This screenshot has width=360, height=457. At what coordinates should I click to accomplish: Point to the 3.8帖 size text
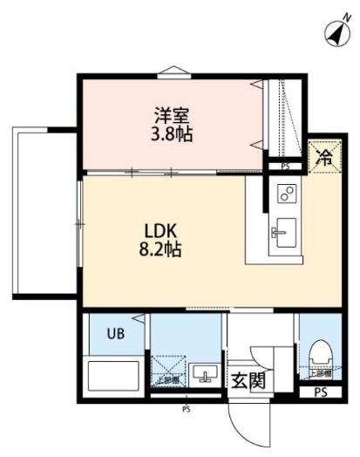173,135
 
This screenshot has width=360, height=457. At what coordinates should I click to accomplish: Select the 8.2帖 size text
161,249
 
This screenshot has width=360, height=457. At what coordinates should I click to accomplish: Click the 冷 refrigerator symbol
324,159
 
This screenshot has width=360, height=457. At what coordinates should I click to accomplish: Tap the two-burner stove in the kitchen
287,193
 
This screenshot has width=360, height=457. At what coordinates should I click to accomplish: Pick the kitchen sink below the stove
286,232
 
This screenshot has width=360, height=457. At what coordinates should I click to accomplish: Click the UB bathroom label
116,332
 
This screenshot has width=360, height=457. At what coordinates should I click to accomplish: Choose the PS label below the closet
285,166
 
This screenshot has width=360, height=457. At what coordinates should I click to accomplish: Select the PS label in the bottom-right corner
321,392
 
